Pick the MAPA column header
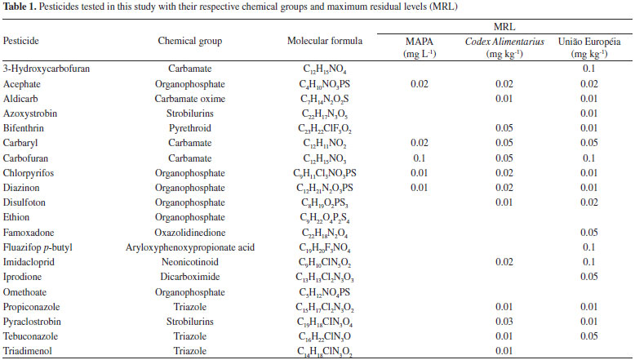pos(419,40)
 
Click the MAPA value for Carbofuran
pos(419,158)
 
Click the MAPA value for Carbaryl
pos(419,143)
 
